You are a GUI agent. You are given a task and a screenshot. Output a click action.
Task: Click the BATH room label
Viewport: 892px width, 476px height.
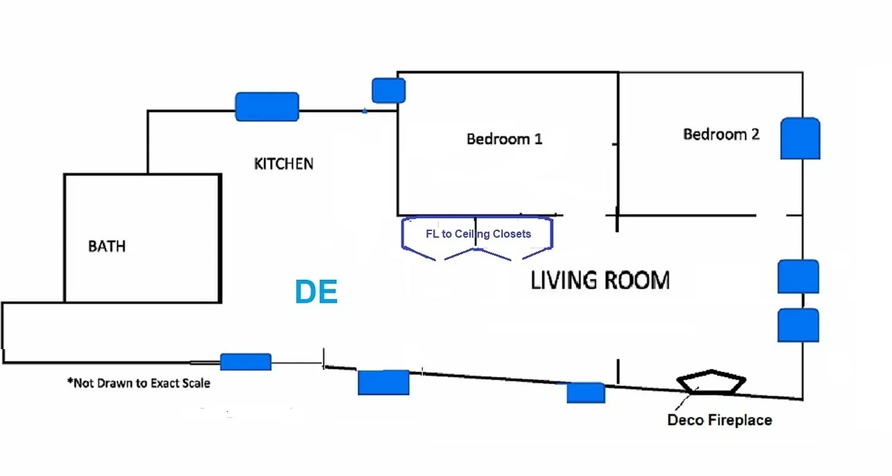click(x=107, y=246)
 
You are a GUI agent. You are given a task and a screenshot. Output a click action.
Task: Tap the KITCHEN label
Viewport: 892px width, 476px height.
click(x=284, y=164)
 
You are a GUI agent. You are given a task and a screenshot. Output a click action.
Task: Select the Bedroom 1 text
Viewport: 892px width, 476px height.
click(x=504, y=139)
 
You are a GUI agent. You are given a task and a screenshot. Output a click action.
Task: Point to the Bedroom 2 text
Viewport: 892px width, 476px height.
click(x=721, y=134)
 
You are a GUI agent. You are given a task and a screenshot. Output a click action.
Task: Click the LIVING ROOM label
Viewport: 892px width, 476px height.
click(x=600, y=280)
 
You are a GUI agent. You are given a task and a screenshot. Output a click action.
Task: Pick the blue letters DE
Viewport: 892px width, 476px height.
click(x=316, y=292)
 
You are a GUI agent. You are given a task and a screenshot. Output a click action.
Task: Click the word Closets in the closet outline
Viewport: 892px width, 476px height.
click(x=510, y=234)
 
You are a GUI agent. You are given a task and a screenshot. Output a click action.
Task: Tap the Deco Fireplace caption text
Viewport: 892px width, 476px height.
click(x=720, y=420)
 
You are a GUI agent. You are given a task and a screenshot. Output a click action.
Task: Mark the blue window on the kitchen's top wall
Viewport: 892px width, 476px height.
click(x=267, y=107)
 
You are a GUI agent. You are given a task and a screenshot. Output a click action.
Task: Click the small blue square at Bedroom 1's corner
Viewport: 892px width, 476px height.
click(x=388, y=90)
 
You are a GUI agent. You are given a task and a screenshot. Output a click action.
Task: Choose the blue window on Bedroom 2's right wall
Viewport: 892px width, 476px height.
click(x=800, y=138)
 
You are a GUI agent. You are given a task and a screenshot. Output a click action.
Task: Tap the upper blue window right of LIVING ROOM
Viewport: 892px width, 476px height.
click(x=798, y=277)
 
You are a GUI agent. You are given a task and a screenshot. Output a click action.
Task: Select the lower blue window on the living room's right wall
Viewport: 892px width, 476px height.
click(x=798, y=325)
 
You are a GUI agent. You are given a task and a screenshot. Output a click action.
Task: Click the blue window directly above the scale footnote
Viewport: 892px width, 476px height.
click(x=246, y=362)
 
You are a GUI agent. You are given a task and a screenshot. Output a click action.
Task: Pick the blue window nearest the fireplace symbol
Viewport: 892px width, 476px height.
click(x=585, y=393)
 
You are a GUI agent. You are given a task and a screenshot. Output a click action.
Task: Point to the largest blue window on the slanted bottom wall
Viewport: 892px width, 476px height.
click(x=384, y=382)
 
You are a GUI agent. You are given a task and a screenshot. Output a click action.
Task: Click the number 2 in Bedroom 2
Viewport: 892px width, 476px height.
click(x=755, y=134)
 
